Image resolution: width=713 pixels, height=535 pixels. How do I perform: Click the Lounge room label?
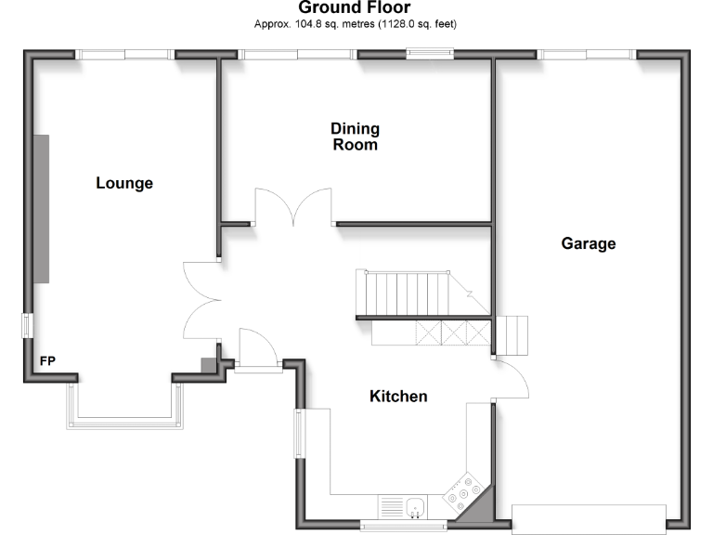click(124, 184)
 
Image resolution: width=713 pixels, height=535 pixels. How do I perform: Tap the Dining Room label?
click(356, 137)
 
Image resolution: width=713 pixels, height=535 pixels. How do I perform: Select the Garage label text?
click(589, 244)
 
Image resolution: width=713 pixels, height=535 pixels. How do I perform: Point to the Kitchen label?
click(398, 397)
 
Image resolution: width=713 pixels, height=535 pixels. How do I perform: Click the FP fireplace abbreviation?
click(46, 360)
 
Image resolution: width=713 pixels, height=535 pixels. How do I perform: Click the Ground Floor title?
click(354, 8)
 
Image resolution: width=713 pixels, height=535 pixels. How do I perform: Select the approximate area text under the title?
click(356, 23)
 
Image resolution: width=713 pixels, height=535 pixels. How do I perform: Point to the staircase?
click(408, 294)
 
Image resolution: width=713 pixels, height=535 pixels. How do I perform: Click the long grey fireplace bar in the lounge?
click(42, 208)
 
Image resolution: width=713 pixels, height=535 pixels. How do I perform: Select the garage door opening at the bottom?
click(589, 518)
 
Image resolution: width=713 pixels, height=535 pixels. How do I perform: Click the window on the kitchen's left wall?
click(299, 434)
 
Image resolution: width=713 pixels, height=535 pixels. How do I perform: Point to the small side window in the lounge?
click(28, 326)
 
